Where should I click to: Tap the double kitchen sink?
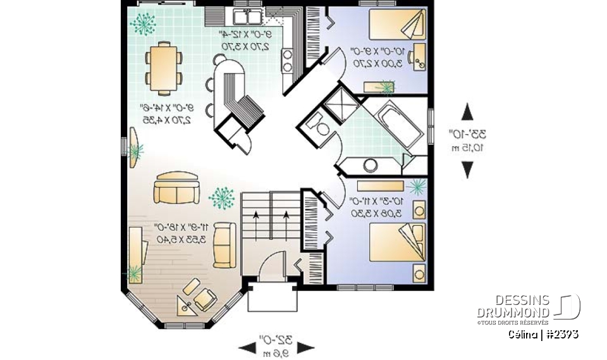coord(248,15)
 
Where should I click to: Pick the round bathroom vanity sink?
coord(370,165)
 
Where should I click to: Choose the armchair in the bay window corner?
coord(204,298)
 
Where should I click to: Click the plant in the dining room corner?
coord(144,24)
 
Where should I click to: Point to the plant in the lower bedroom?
coord(416,185)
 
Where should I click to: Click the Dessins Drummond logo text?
coord(513,306)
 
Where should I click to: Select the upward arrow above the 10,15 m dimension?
coord(467,113)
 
